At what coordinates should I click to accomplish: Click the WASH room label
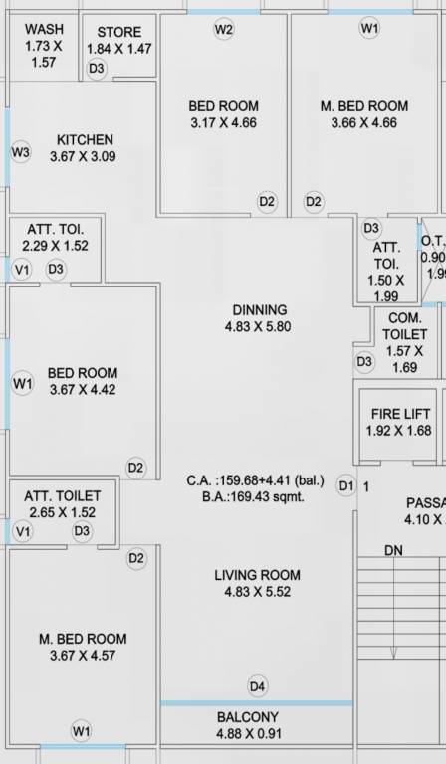pos(44,30)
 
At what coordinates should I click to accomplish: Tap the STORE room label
pos(118,33)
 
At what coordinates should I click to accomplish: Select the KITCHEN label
pos(85,140)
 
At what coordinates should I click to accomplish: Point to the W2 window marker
pos(224,29)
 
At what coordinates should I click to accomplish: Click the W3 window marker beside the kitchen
pos(21,152)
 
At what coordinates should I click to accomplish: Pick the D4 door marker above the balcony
pos(258,685)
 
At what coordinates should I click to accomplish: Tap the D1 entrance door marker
pos(345,486)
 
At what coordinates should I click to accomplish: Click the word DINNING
pos(259,310)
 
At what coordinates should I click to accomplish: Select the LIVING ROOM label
pos(257,575)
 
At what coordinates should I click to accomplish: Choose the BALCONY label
pos(248,717)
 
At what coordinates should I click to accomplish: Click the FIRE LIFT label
pos(401,414)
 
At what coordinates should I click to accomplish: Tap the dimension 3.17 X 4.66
pos(223,123)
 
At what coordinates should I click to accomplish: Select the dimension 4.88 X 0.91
pos(248,734)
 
